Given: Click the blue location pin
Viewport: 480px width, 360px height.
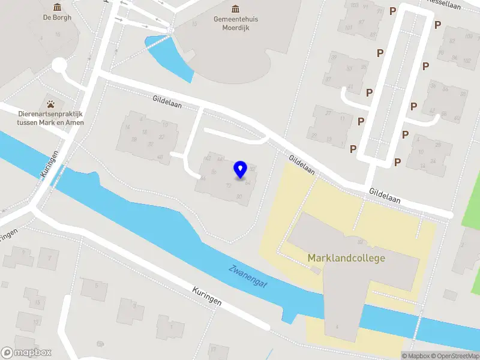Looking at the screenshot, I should tap(241, 169).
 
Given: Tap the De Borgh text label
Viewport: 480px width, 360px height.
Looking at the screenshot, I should tap(57, 17).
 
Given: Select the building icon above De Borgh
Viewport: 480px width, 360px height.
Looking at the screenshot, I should tap(57, 7).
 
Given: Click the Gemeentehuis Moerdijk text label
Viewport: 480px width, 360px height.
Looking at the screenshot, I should tap(236, 23).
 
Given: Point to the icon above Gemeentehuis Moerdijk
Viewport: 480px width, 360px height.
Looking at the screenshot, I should tap(236, 8).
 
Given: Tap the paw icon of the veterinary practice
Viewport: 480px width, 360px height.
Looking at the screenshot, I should tap(50, 103).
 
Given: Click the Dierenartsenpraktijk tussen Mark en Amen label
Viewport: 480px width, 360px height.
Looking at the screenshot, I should tap(50, 118).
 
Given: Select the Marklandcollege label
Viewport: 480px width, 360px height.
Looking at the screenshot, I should tap(346, 258).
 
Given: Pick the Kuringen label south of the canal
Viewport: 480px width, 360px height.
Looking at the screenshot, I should tap(208, 296).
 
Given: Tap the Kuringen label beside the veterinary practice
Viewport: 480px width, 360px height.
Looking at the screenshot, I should tap(50, 162).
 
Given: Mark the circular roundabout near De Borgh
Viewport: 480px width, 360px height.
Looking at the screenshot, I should tap(59, 65).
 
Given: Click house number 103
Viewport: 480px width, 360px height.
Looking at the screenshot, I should tap(355, 5).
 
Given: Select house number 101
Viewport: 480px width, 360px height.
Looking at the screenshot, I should tap(349, 27).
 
